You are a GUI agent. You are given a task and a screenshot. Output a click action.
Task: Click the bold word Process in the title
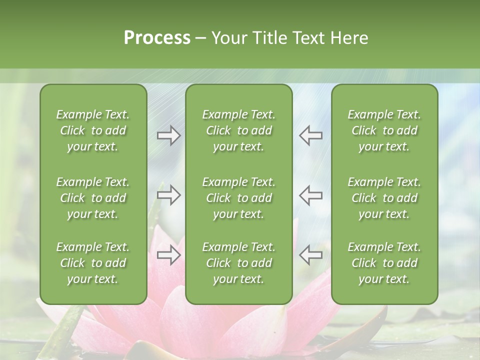coord(157,38)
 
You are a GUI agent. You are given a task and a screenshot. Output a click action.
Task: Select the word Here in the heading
coord(349,38)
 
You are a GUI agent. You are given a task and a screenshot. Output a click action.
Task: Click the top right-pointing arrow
coord(169,135)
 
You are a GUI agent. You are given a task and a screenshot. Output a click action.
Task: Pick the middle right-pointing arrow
coord(169,195)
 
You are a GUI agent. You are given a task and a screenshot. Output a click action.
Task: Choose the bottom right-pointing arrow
coord(169,255)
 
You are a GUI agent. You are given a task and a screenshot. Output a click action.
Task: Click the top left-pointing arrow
coord(310,135)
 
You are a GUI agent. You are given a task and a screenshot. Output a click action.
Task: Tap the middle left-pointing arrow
coord(310,195)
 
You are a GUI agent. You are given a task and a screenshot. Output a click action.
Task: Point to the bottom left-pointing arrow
coord(310,255)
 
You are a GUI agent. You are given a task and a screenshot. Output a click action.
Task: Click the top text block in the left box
coord(93,130)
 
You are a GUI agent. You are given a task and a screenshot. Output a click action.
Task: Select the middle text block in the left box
coord(93,198)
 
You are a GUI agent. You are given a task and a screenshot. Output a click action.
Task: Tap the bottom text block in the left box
coord(93,263)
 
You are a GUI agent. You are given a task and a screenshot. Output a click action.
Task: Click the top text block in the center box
coord(238,130)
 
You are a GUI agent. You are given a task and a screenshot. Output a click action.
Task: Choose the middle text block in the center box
coord(238,198)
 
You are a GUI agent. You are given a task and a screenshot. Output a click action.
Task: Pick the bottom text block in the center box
coord(238,263)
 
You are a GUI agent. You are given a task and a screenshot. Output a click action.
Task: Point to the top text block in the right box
coord(384,130)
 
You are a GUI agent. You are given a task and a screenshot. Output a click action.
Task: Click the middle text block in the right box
coord(384,198)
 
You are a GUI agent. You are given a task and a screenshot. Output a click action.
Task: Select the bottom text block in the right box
coord(384,263)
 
